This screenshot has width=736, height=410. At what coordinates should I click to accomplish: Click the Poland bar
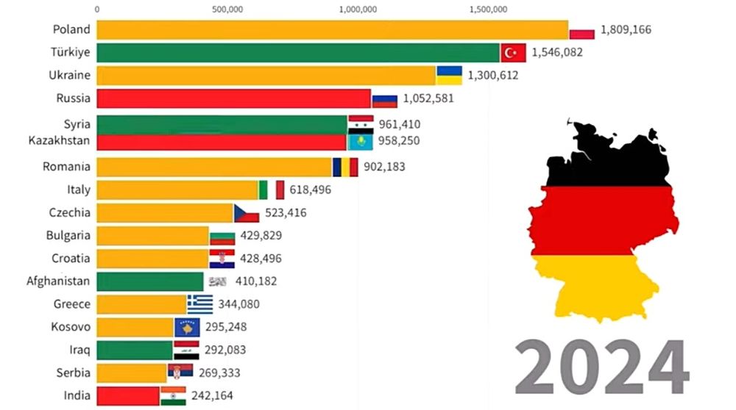pos(331,29)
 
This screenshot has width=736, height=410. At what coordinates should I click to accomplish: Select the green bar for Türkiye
pos(298,52)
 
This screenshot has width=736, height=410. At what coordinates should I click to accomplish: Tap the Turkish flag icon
pos(513,52)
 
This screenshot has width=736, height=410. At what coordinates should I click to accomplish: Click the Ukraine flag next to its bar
pos(449,75)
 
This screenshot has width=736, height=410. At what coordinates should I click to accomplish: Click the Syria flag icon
pos(361,123)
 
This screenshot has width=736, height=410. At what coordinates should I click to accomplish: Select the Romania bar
pos(213,167)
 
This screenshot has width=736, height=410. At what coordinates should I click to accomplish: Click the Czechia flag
pos(247,213)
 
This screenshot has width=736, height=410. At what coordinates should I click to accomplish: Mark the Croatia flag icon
pos(222,259)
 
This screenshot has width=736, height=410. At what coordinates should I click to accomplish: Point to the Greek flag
pos(199,304)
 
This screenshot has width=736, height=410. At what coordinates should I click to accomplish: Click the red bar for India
pos(128,395)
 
